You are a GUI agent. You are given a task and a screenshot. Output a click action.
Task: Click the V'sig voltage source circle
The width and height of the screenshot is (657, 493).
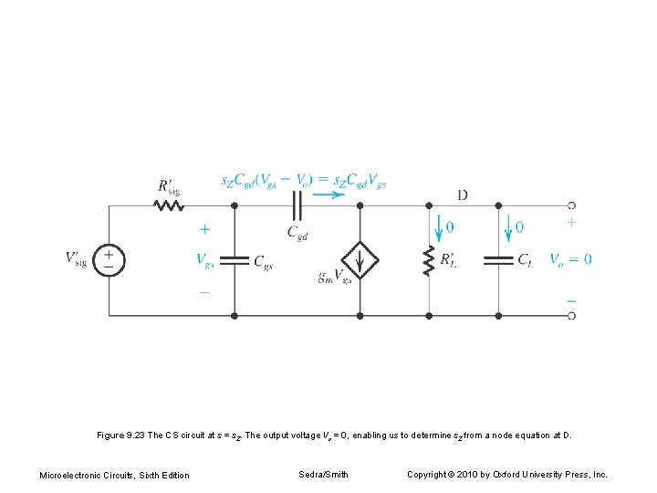click(x=108, y=260)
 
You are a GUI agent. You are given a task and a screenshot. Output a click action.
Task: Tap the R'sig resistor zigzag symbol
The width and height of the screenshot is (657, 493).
click(x=169, y=205)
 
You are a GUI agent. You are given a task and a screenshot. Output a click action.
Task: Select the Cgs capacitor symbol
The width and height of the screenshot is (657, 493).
click(x=235, y=260)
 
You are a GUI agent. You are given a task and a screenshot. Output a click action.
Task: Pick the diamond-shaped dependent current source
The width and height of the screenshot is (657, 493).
click(x=360, y=260)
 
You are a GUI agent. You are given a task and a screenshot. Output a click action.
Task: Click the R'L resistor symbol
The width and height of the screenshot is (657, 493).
click(x=429, y=260)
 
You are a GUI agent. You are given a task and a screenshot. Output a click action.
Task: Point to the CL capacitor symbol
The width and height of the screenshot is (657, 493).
click(x=499, y=260)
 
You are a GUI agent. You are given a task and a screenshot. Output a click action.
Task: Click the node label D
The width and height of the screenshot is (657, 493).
click(x=463, y=194)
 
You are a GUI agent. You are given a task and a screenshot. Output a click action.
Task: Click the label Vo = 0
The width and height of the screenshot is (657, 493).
click(x=570, y=259)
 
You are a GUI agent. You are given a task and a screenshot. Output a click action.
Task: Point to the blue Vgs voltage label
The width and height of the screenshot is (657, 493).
click(x=205, y=260)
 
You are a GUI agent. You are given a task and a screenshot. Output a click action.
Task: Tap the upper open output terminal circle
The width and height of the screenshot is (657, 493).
click(x=571, y=205)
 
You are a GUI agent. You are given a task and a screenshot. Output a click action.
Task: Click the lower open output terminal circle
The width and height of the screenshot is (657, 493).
click(x=571, y=315)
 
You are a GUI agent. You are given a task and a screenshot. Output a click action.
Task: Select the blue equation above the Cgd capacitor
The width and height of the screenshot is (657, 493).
click(x=303, y=182)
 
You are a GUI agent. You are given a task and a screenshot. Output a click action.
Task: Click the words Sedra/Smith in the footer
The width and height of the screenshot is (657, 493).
click(x=323, y=475)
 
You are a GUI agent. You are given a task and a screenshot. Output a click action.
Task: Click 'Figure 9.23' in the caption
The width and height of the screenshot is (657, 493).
click(x=121, y=435)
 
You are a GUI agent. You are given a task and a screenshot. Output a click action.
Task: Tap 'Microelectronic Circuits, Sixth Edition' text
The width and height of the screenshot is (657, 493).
click(x=114, y=475)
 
